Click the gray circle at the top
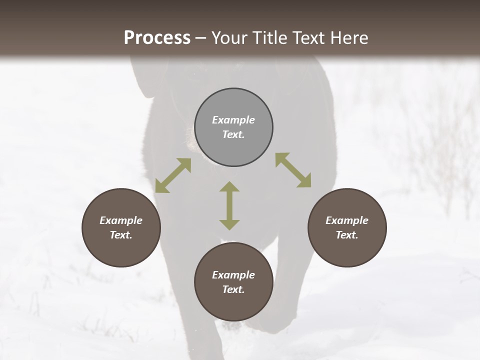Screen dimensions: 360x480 (x=233, y=127)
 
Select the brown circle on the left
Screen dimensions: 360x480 (x=121, y=227)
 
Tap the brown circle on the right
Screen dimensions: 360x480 (x=347, y=227)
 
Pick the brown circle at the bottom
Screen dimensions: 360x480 (x=233, y=282)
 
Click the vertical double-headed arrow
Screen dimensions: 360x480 (x=229, y=205)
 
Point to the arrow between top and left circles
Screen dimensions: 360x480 (x=173, y=175)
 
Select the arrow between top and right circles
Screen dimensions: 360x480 (x=293, y=170)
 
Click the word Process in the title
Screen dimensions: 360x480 (x=157, y=38)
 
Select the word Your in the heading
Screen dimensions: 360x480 (x=228, y=38)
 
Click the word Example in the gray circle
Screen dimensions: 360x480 (x=233, y=120)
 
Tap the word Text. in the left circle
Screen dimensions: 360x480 (x=121, y=235)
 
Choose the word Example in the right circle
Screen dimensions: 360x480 (x=347, y=220)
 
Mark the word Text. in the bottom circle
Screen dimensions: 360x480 (x=233, y=289)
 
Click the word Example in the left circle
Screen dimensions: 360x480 (x=121, y=220)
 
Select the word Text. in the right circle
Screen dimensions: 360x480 (x=347, y=235)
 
